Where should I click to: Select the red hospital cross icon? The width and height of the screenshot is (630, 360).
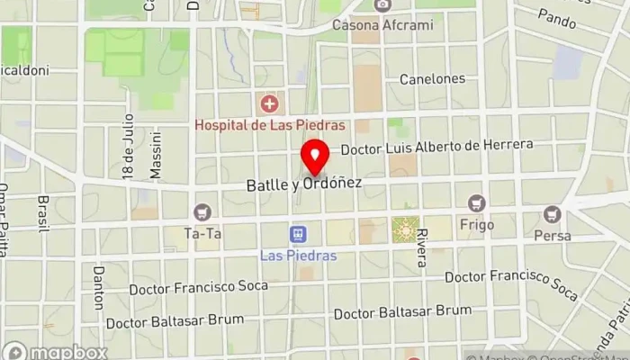pos(267,103)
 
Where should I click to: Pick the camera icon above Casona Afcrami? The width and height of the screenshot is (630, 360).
pos(382,5)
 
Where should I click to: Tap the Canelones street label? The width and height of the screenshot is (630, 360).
pos(433,79)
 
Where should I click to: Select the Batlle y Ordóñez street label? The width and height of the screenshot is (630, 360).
pos(304,184)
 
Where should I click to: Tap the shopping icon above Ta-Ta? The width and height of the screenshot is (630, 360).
pos(202,212)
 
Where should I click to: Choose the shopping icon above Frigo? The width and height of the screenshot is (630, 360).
pos(476,203)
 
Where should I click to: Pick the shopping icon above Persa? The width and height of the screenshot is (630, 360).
pos(552,214)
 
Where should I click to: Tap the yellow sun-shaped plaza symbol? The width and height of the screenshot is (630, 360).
pos(404,230)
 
